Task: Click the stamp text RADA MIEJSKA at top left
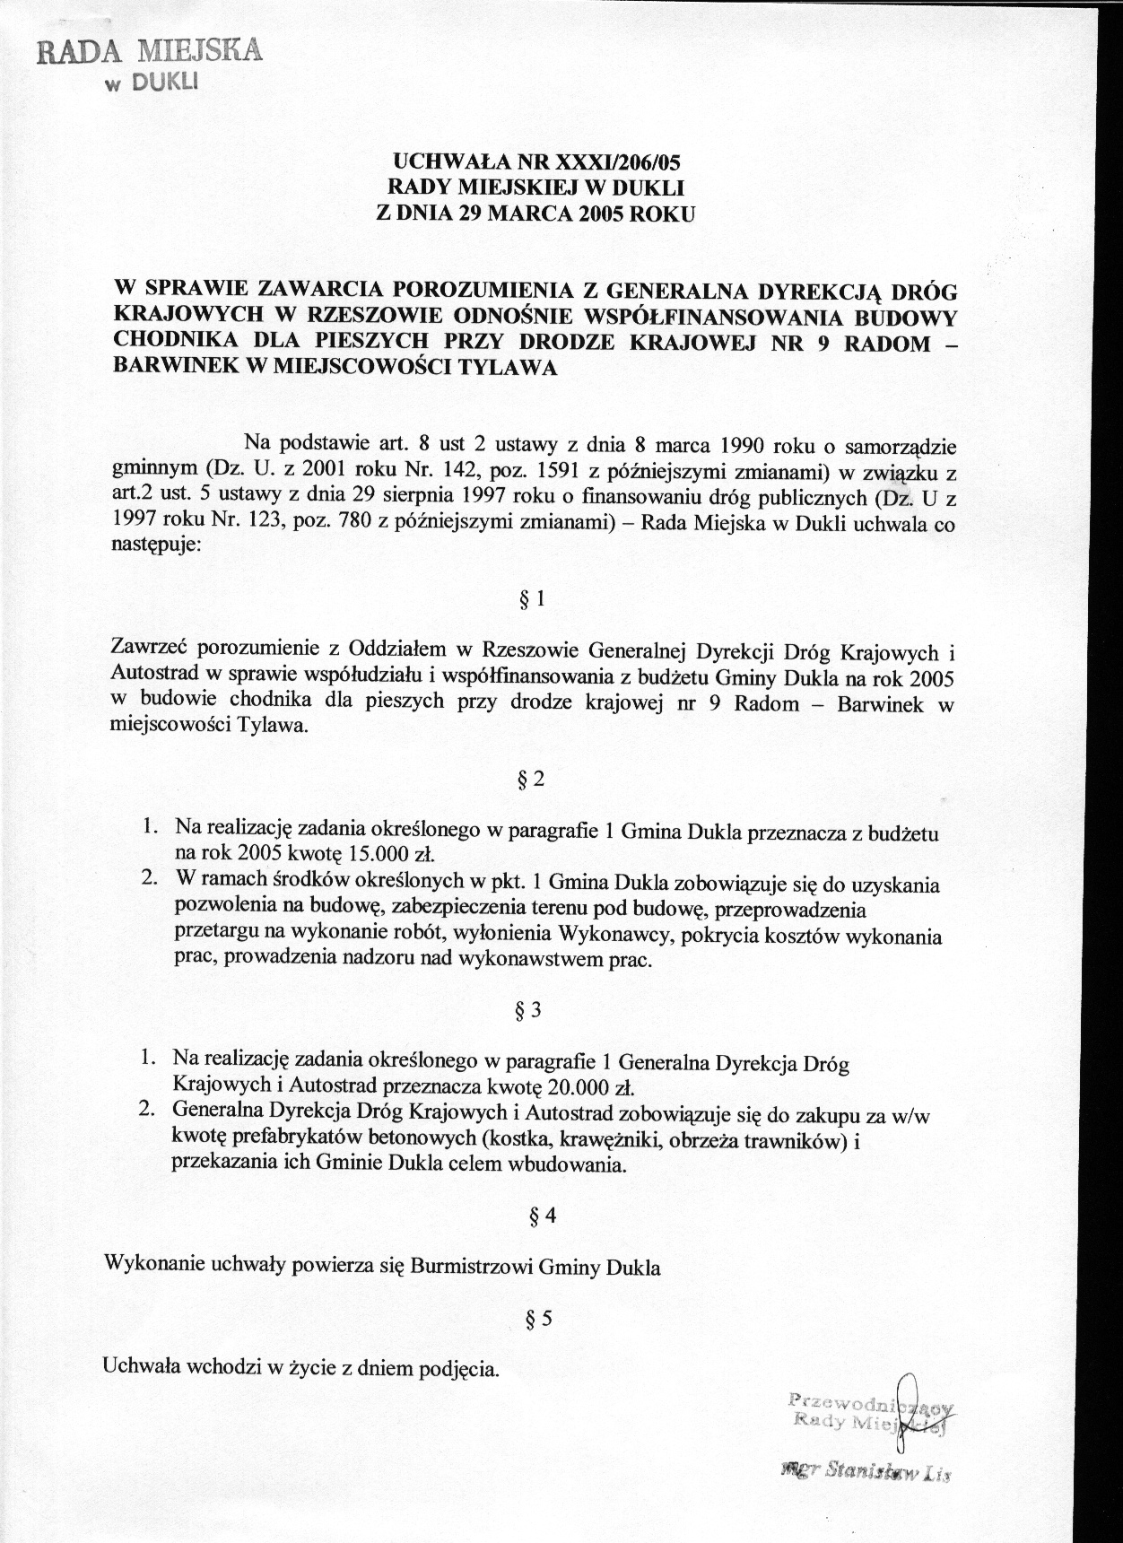(x=149, y=51)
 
